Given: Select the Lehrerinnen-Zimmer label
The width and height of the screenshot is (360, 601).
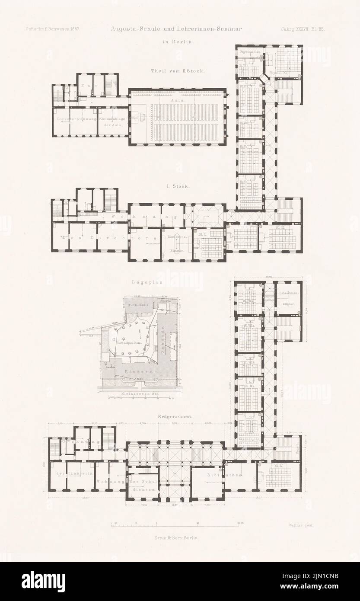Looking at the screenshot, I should pos(290,298).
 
